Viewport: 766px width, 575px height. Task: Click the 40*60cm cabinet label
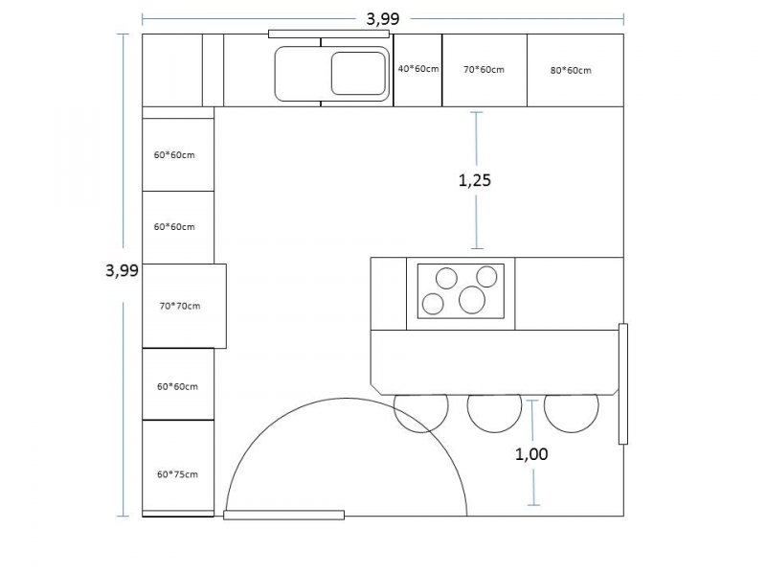click(x=418, y=69)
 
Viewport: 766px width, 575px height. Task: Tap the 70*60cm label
click(x=484, y=70)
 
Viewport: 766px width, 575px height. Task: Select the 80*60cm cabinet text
click(x=571, y=70)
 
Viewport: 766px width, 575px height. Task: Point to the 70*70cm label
click(x=180, y=306)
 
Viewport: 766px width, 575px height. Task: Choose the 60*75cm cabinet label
click(x=177, y=474)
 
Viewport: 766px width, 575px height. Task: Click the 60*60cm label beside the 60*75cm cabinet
click(x=177, y=387)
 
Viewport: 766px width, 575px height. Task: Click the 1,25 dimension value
click(x=474, y=180)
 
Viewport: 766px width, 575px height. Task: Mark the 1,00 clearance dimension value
click(x=531, y=454)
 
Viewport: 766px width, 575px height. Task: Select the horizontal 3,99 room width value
click(x=383, y=19)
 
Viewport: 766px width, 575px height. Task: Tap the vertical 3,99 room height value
click(x=123, y=270)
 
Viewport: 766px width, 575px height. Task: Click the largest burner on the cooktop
click(x=472, y=300)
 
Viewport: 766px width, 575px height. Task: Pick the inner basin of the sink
click(x=358, y=74)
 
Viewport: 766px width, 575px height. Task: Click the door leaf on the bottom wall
click(x=283, y=515)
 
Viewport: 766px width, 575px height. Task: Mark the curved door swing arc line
click(x=347, y=399)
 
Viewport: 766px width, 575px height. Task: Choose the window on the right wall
click(x=623, y=384)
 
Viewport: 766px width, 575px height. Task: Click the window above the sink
click(x=328, y=34)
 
